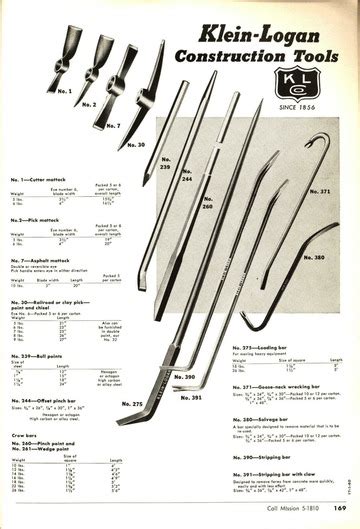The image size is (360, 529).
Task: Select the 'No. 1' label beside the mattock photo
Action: [62, 89]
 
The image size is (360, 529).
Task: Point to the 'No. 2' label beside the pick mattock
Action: [88, 103]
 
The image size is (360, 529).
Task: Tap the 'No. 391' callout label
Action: [199, 396]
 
